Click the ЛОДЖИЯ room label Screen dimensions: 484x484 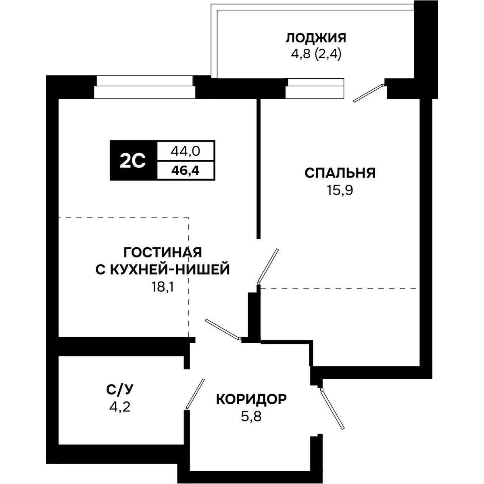316,38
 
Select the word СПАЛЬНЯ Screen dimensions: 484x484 340,173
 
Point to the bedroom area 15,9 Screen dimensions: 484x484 340,190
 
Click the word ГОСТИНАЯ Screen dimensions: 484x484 163,252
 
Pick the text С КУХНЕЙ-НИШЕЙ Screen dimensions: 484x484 163,269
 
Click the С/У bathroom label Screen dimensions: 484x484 119,390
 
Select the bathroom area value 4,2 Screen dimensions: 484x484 119,407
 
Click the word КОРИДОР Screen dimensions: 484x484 252,399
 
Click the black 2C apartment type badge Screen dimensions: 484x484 132,161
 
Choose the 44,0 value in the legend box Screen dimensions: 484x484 186,151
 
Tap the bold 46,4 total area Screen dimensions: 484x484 186,170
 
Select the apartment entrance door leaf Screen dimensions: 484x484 332,409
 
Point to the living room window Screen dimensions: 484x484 144,87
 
